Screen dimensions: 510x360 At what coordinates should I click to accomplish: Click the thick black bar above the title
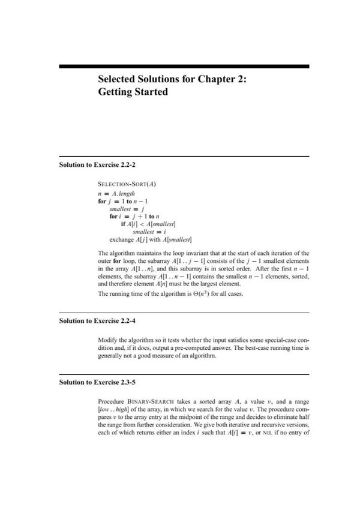184,66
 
